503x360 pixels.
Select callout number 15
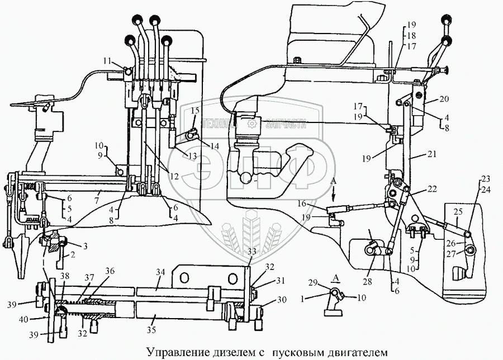tap(194, 111)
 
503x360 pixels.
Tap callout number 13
tap(192, 155)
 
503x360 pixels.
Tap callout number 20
tap(444, 99)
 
